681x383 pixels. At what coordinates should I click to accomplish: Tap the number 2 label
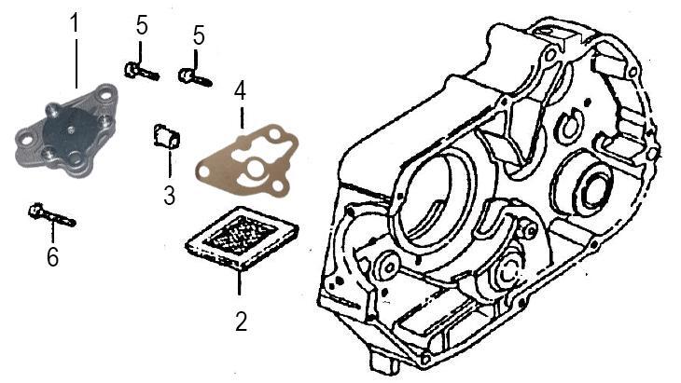pos(241,321)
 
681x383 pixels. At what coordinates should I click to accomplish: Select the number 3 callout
pos(169,195)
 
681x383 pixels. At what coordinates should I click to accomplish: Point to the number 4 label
pos(240,92)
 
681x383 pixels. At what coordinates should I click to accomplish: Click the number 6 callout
pos(53,256)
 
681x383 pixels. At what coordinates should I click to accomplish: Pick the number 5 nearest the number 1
pos(142,26)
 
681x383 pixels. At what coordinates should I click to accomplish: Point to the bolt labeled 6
pos(51,215)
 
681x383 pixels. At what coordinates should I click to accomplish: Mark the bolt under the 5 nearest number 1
pos(140,70)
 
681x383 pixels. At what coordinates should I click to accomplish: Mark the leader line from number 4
pos(240,117)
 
